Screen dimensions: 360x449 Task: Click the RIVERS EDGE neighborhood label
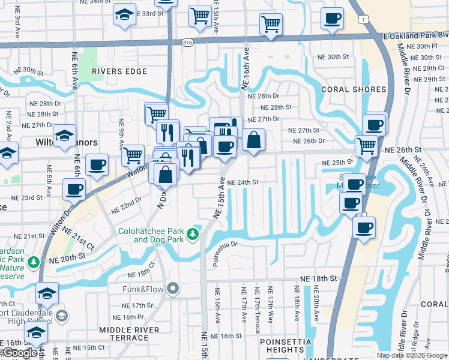click(x=119, y=71)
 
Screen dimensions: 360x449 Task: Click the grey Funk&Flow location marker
click(x=173, y=289)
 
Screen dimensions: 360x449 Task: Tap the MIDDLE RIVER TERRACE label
click(x=129, y=334)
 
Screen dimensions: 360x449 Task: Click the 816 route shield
click(x=188, y=43)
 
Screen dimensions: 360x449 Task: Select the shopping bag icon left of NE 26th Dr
click(x=253, y=140)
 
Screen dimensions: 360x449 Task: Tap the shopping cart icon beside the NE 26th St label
click(x=366, y=146)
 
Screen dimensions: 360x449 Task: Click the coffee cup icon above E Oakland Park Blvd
click(x=332, y=18)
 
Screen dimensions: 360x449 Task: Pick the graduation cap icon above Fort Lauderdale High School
click(x=47, y=293)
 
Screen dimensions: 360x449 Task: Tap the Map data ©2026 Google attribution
click(x=411, y=355)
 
